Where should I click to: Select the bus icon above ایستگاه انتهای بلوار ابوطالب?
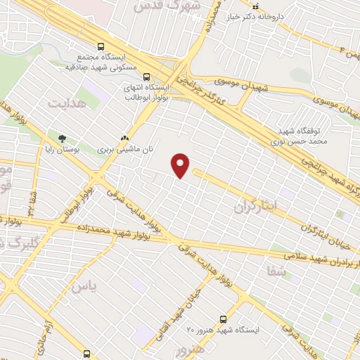(146, 77)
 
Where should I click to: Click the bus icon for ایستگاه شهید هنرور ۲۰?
(224, 319)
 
